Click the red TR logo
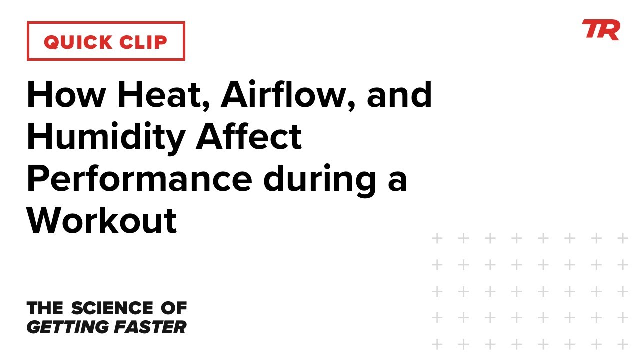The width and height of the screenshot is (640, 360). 601,30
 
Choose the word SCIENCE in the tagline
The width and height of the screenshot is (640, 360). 112,308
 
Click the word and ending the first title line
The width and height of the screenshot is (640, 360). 399,94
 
